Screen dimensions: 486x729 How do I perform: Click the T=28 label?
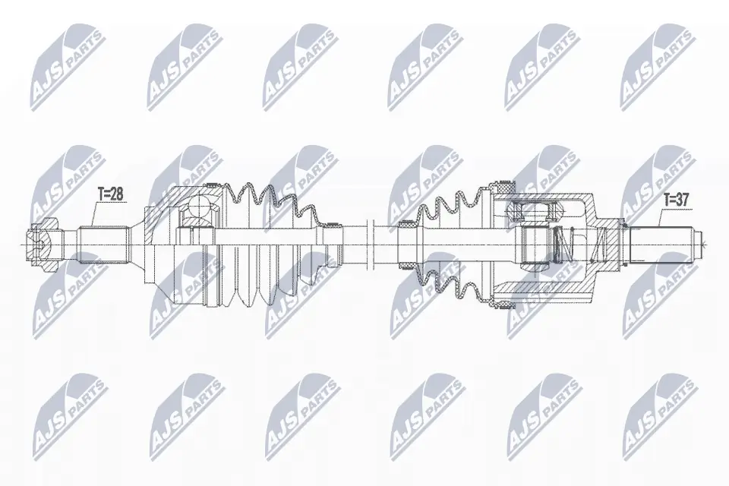(x=110, y=194)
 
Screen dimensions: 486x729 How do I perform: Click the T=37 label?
(x=677, y=200)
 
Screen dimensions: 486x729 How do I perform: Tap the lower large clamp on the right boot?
(x=504, y=302)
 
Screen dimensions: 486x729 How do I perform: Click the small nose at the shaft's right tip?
(x=700, y=244)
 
